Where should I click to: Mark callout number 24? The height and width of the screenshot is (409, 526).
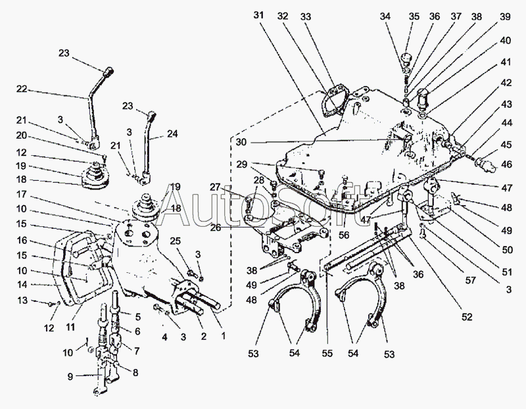click(172, 133)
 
